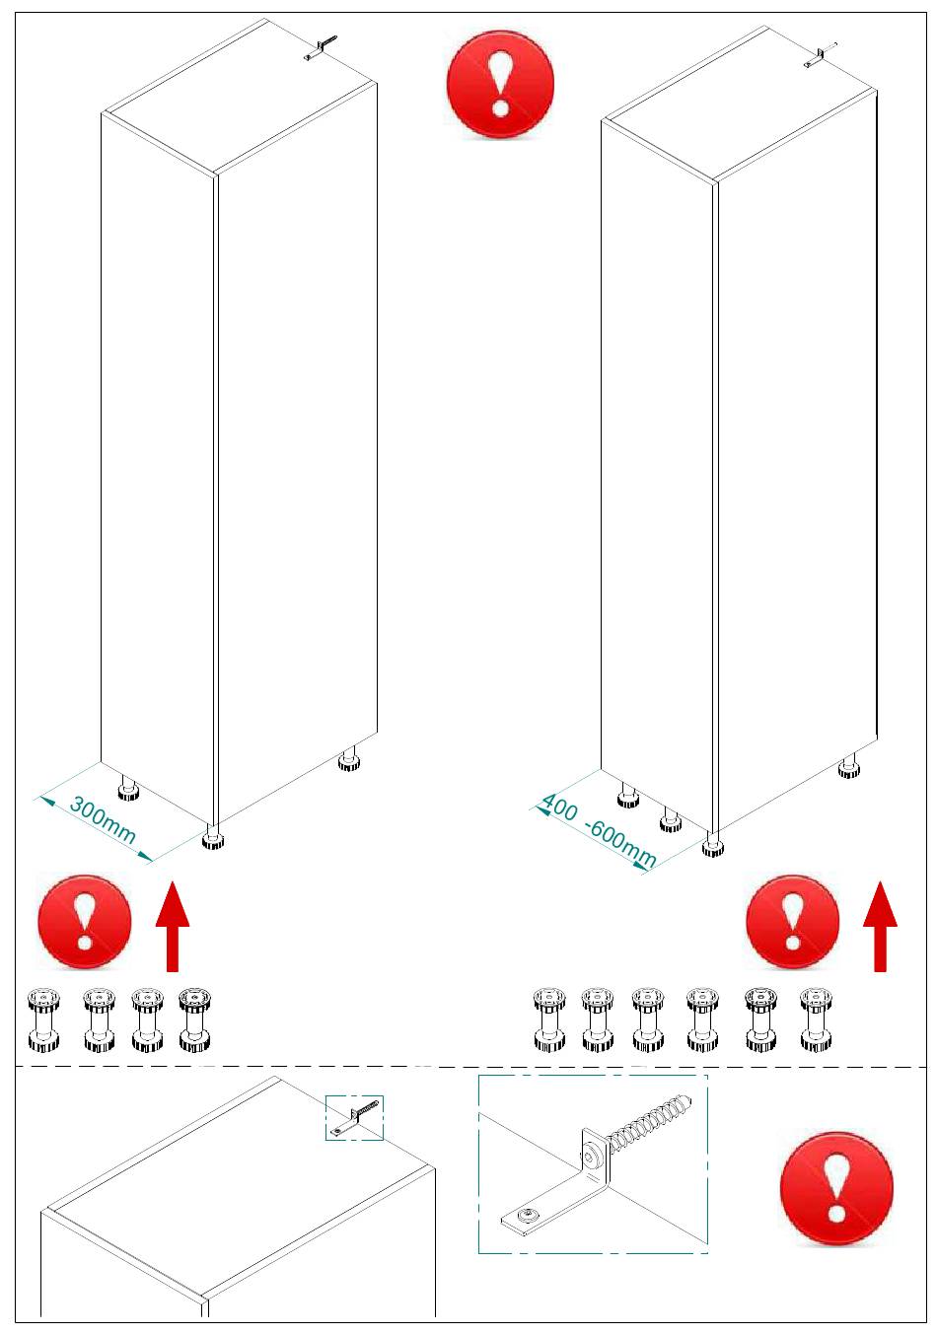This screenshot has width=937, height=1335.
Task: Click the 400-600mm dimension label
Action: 599,832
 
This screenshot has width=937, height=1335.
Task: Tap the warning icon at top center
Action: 500,85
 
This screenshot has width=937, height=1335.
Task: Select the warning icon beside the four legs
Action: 85,922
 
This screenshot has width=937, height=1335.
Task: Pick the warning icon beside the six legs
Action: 792,922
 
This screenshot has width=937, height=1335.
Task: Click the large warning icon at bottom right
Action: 836,1188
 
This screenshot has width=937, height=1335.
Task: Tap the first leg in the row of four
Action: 44,1020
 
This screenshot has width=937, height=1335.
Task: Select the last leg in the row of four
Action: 194,1020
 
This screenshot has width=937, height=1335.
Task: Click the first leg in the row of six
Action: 549,1020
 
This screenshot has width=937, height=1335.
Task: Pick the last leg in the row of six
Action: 816,1020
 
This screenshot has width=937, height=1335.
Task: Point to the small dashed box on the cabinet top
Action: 354,1118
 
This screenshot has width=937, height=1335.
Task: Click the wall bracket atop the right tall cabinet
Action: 820,55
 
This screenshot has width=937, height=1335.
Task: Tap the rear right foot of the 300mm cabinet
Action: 347,761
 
